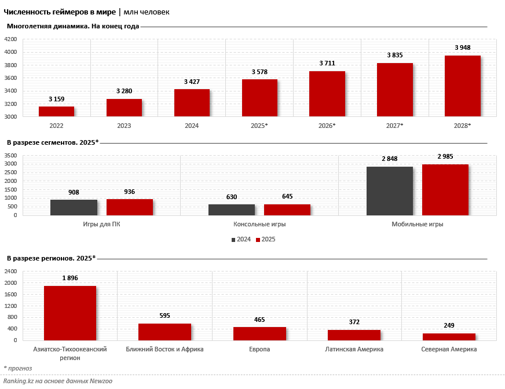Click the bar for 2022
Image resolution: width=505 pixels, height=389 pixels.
[56, 111]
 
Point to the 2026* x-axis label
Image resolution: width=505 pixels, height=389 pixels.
[327, 126]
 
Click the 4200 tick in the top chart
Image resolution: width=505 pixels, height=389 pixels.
[10, 39]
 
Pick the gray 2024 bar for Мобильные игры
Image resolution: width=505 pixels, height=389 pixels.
[390, 190]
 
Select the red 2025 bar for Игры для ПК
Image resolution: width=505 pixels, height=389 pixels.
[130, 207]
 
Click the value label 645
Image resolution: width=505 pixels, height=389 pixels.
[287, 197]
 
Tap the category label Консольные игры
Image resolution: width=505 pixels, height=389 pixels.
[259, 224]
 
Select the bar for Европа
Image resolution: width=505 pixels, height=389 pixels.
[259, 333]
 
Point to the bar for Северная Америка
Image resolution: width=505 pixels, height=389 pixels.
[449, 336]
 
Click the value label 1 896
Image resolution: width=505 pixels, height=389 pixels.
[69, 278]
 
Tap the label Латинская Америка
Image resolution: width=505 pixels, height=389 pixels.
[354, 349]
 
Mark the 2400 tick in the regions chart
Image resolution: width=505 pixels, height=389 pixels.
[10, 271]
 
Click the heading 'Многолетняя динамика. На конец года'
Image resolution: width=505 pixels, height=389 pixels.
[73, 26]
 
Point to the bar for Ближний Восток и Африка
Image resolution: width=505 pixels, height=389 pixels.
[164, 332]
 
